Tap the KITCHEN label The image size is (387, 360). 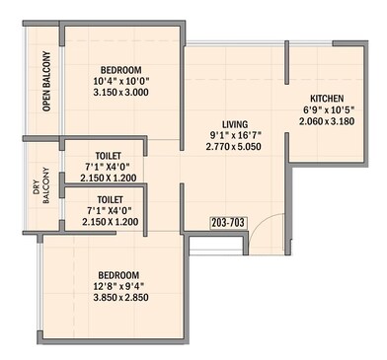tap(328, 99)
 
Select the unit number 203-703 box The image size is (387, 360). tap(228, 225)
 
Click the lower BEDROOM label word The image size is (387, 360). tap(117, 274)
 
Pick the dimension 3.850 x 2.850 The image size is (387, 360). tap(117, 299)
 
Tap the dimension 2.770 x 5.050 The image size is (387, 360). tap(233, 146)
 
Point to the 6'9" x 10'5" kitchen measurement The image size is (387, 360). tap(328, 110)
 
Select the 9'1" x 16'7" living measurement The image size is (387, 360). tap(233, 134)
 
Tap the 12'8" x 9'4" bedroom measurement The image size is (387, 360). tap(117, 287)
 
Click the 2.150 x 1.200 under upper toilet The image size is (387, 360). tap(104, 179)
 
